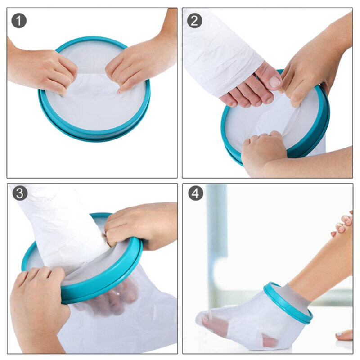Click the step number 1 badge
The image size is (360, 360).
[19, 20]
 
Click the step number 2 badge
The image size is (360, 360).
[194, 20]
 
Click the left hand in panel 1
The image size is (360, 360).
[43, 70]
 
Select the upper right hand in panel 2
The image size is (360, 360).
[310, 67]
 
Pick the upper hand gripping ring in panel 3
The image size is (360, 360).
[139, 225]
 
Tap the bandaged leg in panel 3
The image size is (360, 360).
[63, 225]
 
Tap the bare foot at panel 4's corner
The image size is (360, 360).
[344, 335]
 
